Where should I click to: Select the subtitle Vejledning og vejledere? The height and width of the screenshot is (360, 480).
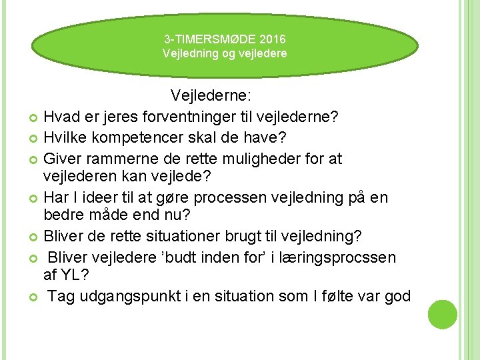tap(225, 53)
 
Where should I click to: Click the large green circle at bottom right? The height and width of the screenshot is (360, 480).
tap(442, 314)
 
